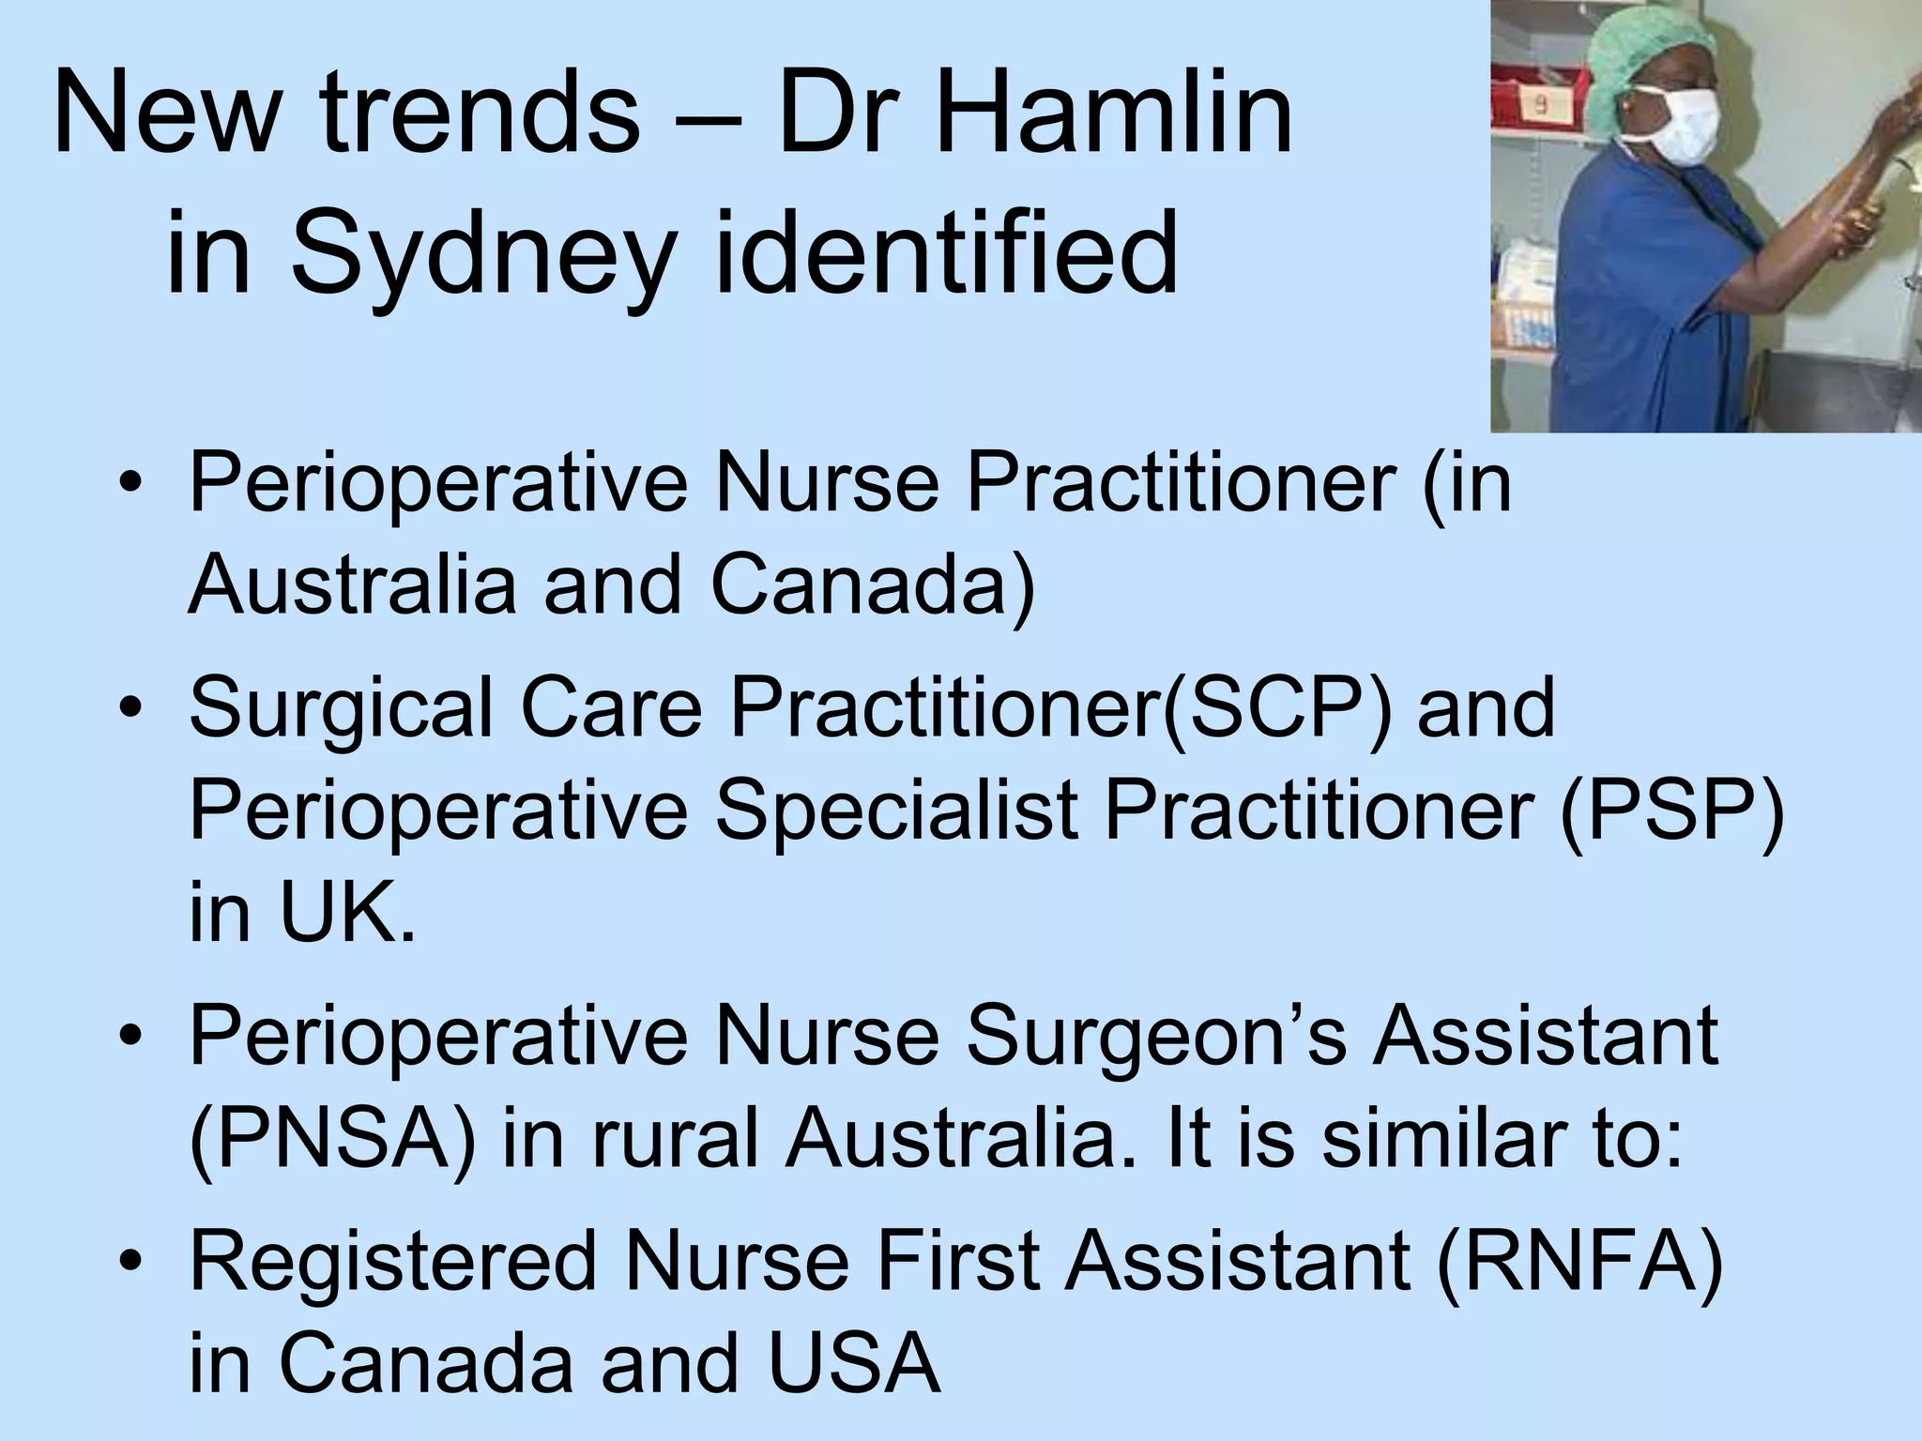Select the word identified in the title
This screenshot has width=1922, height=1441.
pos(945,251)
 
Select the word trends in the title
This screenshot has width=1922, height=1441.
pos(480,120)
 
